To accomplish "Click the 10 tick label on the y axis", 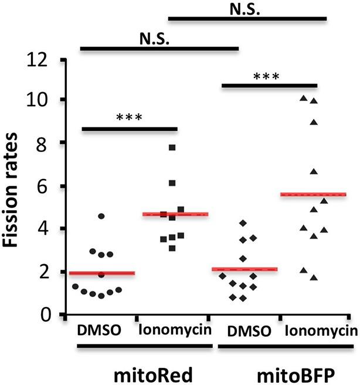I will pos(43,100).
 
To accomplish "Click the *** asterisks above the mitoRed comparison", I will pos(129,116).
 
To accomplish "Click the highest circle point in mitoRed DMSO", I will pos(101,217).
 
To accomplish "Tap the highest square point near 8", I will pos(172,147).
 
